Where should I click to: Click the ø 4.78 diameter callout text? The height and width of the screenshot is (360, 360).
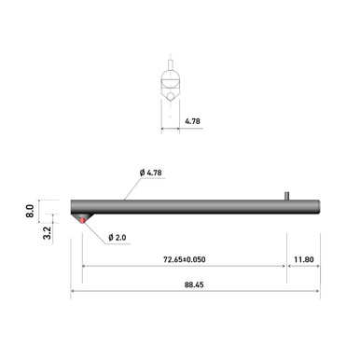153,173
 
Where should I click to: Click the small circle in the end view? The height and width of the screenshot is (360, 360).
170,95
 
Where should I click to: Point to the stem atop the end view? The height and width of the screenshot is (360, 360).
170,65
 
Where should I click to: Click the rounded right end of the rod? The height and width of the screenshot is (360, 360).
318,206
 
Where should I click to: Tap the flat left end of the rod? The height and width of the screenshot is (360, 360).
72,206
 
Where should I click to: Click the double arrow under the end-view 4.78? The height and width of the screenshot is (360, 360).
170,129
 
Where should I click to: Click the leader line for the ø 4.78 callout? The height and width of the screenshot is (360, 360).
132,187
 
